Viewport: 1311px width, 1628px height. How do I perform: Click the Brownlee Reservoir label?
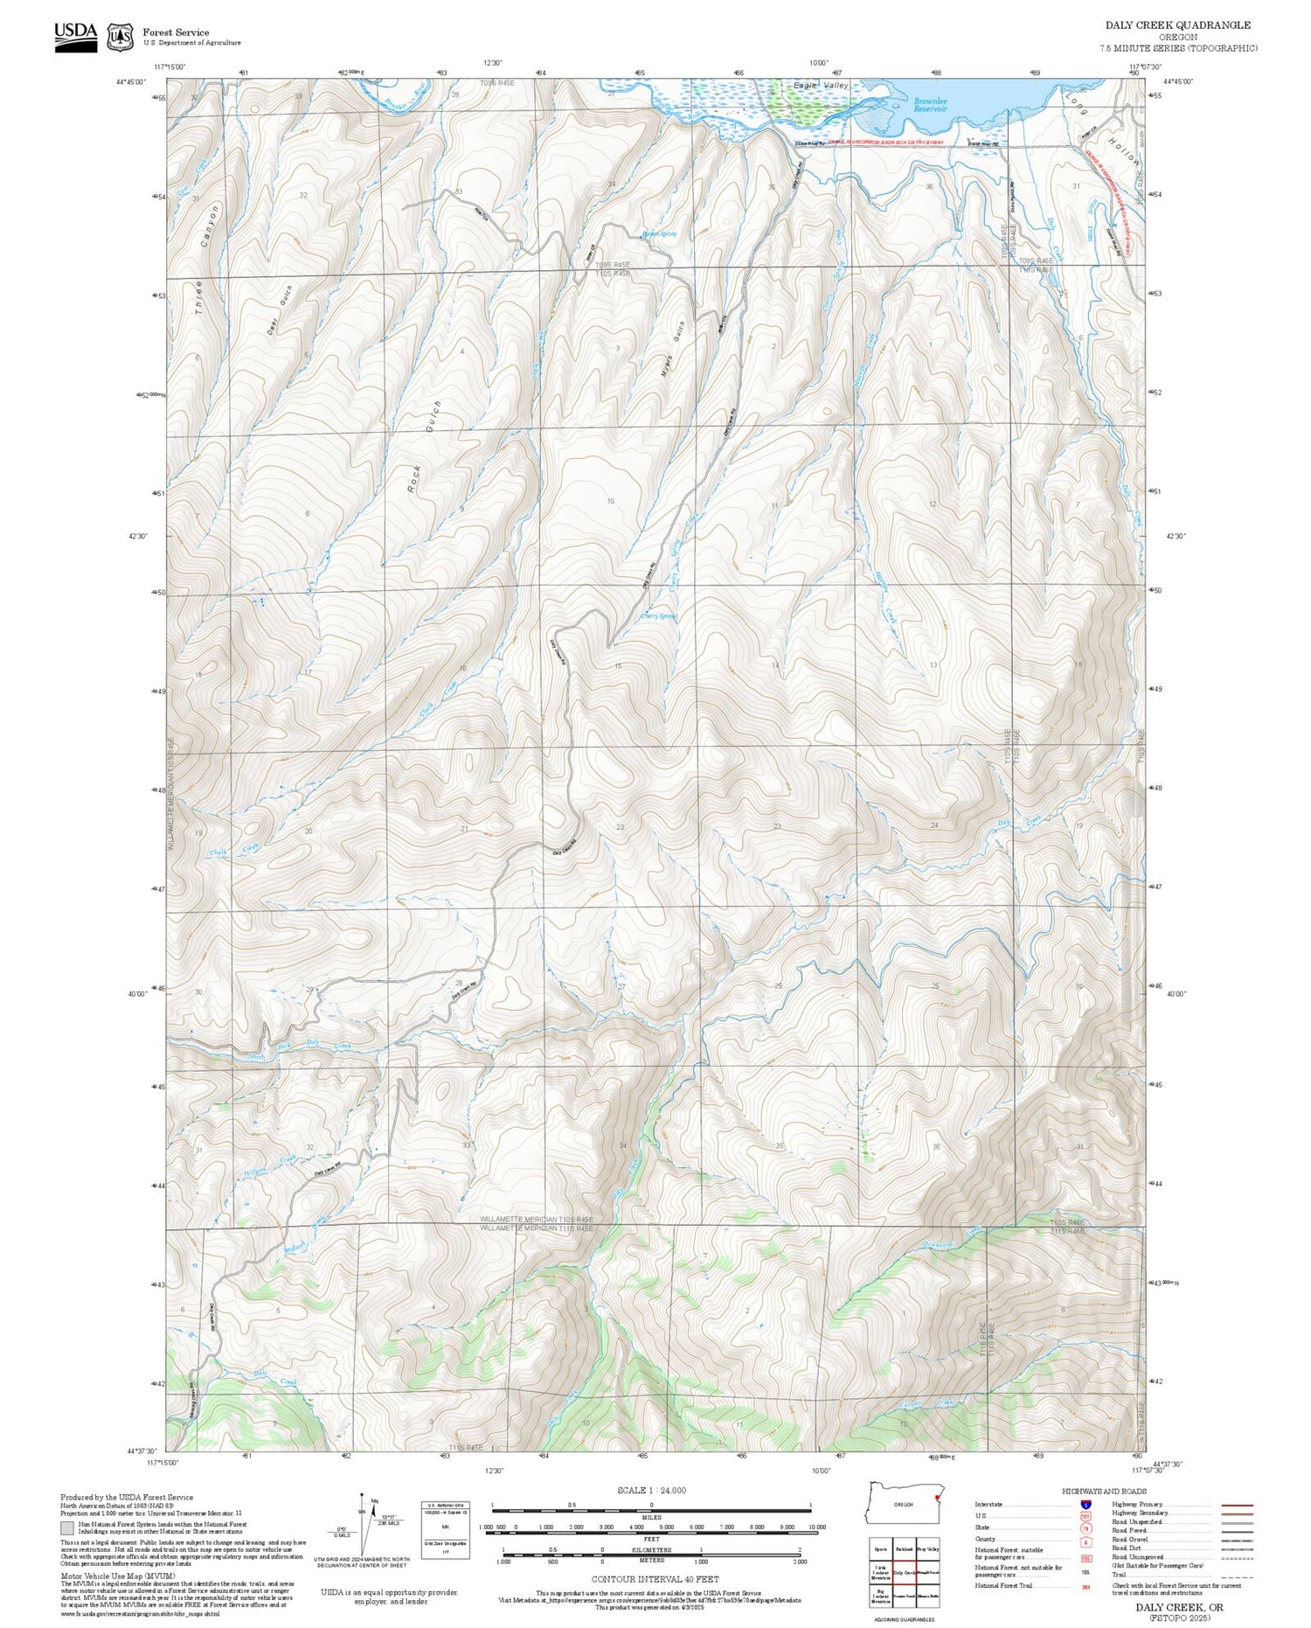[930, 105]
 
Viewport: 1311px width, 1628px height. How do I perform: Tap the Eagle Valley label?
[821, 86]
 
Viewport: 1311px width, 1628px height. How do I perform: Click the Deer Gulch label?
[280, 310]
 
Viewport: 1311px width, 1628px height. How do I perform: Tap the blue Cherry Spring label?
[658, 616]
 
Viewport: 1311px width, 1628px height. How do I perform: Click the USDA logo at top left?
[76, 36]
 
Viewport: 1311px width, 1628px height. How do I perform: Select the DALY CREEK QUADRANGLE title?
[1177, 25]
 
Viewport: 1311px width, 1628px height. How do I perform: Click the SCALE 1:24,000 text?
[651, 1490]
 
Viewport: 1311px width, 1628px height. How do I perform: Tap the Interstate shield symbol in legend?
[1086, 1504]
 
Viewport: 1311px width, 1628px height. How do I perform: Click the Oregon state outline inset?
[904, 1502]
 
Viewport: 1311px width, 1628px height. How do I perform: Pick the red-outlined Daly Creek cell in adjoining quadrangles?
[904, 1572]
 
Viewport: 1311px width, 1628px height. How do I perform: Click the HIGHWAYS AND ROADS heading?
[1104, 1491]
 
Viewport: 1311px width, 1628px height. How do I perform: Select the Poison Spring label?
[659, 234]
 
